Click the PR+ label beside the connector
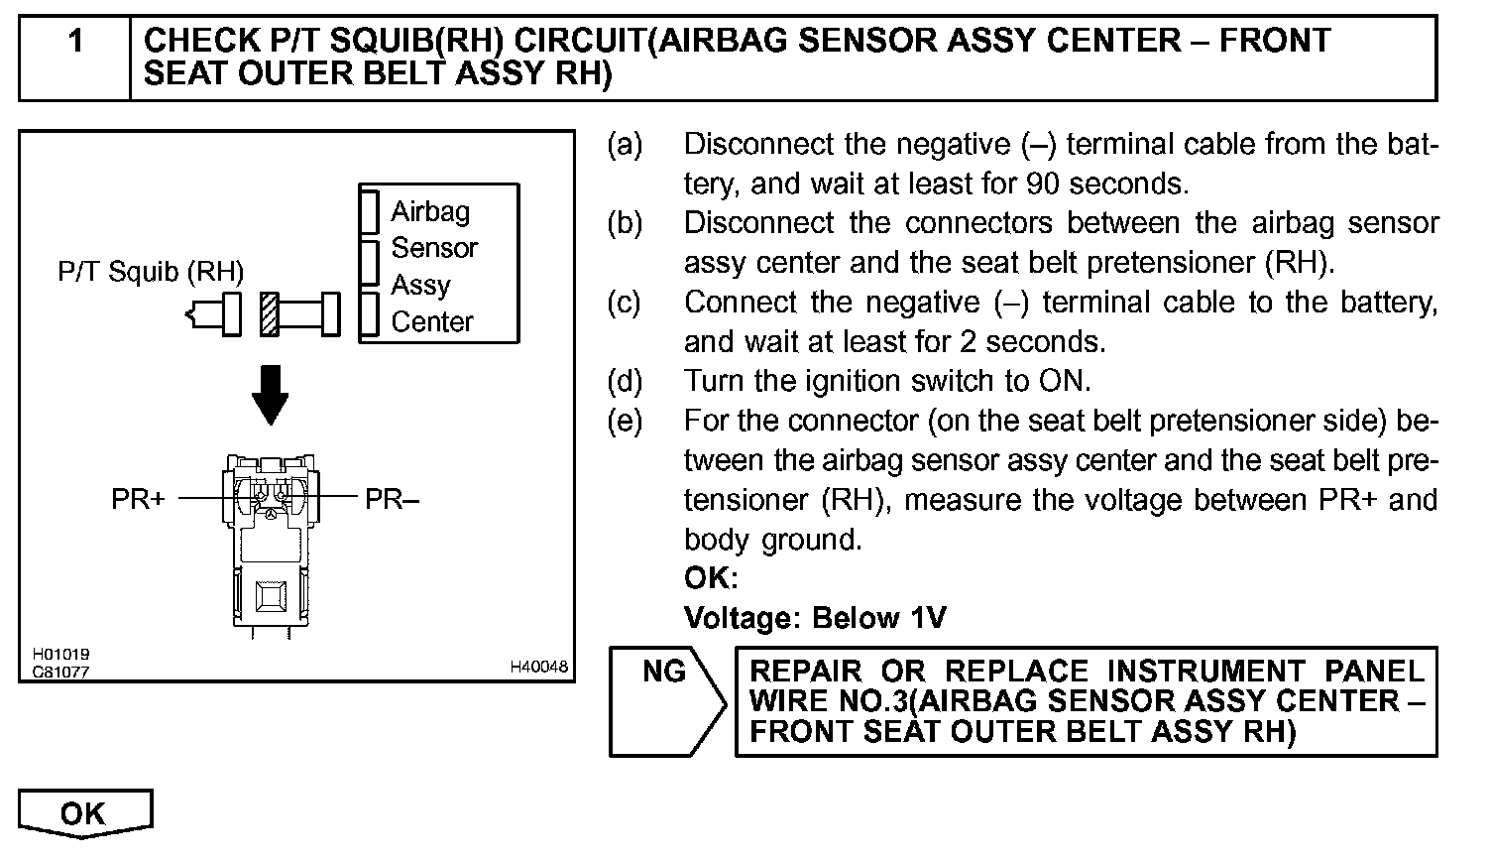coord(138,499)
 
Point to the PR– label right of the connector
coord(392,499)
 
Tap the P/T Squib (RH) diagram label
coord(151,272)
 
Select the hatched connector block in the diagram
coord(269,314)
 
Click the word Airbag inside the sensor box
coord(430,211)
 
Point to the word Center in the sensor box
coord(432,321)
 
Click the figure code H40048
coord(539,668)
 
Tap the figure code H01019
coord(61,655)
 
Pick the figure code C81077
coord(61,672)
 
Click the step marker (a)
coord(625,145)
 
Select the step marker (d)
coord(625,382)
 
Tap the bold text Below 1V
coord(878,619)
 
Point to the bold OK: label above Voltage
coord(711,578)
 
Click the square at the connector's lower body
coord(270,597)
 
